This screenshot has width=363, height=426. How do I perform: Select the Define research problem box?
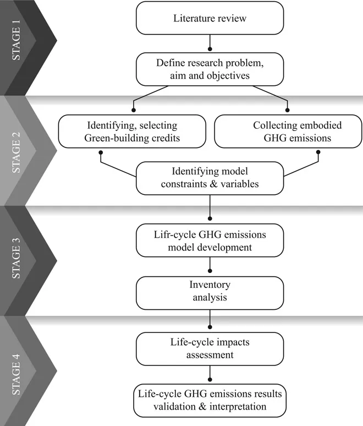(x=210, y=69)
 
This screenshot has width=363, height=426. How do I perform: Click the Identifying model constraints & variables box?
(x=210, y=177)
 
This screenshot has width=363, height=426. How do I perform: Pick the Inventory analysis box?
(x=210, y=292)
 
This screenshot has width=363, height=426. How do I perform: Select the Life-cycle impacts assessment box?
(x=210, y=348)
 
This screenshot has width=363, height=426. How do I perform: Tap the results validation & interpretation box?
(x=210, y=401)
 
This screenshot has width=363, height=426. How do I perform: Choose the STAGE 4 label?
(x=18, y=370)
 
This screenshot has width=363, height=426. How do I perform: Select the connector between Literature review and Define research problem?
(x=210, y=43)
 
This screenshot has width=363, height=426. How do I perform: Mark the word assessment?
(x=210, y=355)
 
